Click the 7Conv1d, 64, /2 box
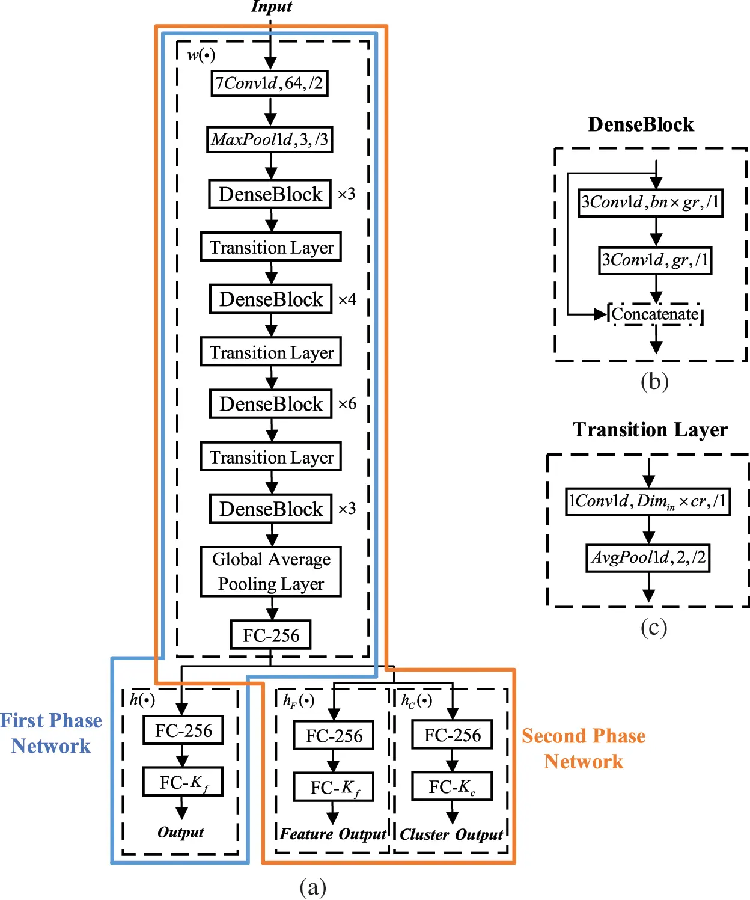tap(269, 83)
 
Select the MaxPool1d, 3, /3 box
tap(269, 139)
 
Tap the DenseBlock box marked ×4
tap(270, 299)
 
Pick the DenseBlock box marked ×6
tap(270, 404)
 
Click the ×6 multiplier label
tap(347, 403)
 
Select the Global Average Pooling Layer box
tap(270, 571)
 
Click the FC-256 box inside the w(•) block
tap(270, 635)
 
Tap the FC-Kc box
tap(452, 786)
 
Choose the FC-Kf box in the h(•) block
tap(183, 782)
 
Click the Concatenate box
tap(655, 314)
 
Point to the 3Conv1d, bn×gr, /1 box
tap(650, 202)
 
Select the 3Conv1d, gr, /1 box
tap(655, 260)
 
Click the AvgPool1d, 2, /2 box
tap(648, 557)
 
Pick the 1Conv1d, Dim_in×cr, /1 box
tap(648, 501)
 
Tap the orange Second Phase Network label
tap(584, 748)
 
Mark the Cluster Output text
tap(451, 834)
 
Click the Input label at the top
tap(271, 7)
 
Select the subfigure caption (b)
tap(654, 382)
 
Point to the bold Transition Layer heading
tap(650, 430)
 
